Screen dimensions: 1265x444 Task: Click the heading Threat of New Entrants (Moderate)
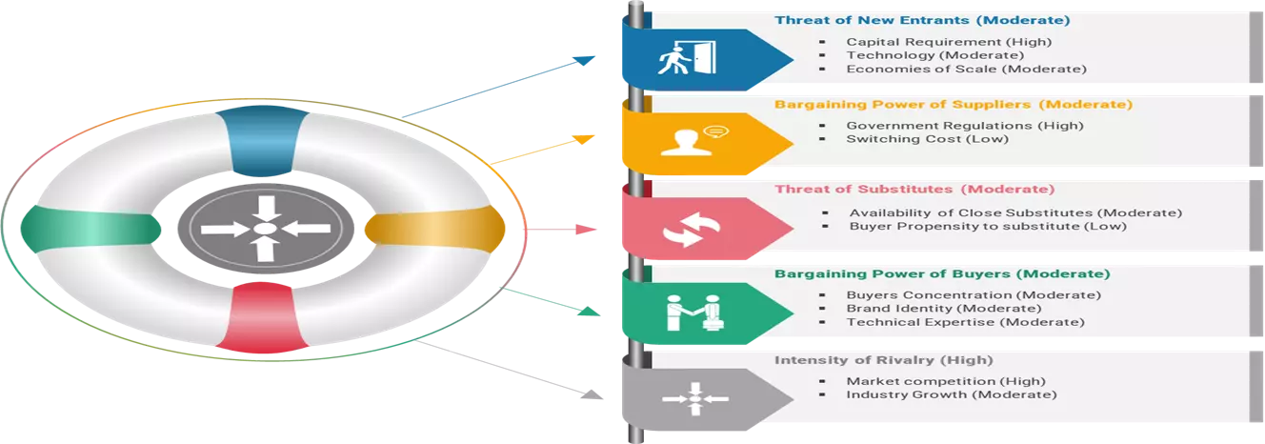tap(922, 20)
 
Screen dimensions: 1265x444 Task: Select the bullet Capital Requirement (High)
tap(949, 42)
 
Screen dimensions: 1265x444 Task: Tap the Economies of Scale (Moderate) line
tap(966, 69)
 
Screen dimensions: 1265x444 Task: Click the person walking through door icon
tap(688, 57)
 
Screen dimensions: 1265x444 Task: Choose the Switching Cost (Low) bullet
tap(927, 139)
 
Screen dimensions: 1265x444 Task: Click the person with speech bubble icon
tap(694, 141)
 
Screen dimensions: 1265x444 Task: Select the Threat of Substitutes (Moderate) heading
tap(914, 190)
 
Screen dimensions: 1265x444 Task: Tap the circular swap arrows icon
tap(691, 230)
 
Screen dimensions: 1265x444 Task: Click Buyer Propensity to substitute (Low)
tap(988, 226)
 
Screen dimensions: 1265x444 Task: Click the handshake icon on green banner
tap(694, 313)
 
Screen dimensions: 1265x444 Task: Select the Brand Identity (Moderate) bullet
tap(944, 309)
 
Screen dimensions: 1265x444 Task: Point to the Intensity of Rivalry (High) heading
tap(883, 360)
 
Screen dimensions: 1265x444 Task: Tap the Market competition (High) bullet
tap(946, 381)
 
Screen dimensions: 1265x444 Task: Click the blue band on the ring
tap(262, 140)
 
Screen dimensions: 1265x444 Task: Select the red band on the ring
tap(262, 317)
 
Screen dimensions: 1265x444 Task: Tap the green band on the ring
tap(90, 230)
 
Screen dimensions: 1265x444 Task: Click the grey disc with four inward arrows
tap(266, 229)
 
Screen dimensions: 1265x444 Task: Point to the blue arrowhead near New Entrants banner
tap(585, 60)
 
